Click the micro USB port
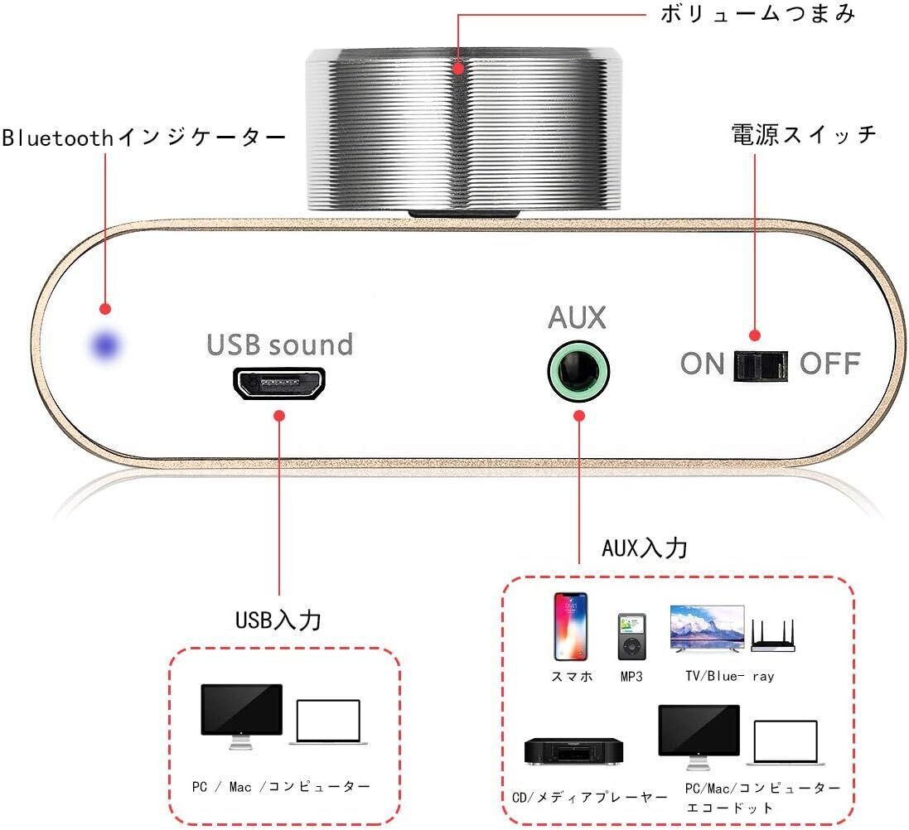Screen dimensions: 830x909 pyautogui.click(x=279, y=383)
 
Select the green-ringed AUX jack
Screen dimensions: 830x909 pyautogui.click(x=578, y=370)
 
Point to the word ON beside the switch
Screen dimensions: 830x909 pyautogui.click(x=703, y=364)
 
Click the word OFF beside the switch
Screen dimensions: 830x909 pyautogui.click(x=830, y=364)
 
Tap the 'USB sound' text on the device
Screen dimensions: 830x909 pyautogui.click(x=280, y=343)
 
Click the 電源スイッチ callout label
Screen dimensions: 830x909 pyautogui.click(x=804, y=134)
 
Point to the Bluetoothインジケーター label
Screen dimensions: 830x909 pyautogui.click(x=143, y=138)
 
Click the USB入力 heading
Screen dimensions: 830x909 pyautogui.click(x=278, y=620)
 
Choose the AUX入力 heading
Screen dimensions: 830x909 pyautogui.click(x=645, y=548)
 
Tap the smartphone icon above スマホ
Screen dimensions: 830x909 pyautogui.click(x=571, y=626)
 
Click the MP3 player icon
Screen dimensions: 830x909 pyautogui.click(x=631, y=636)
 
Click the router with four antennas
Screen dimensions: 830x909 pyautogui.click(x=772, y=635)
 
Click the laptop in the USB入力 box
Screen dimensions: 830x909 pyautogui.click(x=329, y=722)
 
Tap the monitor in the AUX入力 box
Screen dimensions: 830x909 pyautogui.click(x=699, y=731)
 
